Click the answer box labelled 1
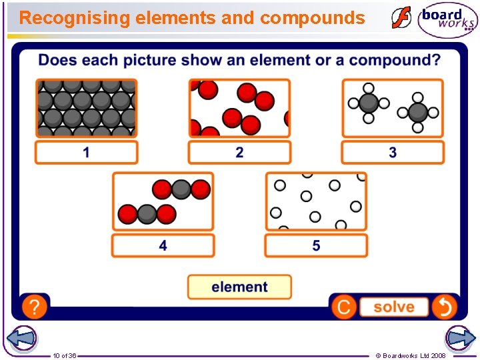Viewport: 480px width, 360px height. click(x=86, y=153)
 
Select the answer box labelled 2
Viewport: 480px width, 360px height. click(x=239, y=153)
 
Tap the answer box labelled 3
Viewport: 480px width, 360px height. click(x=393, y=153)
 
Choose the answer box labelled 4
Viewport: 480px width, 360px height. click(x=163, y=246)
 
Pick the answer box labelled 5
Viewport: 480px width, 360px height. click(x=316, y=246)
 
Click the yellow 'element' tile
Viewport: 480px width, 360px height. click(x=239, y=287)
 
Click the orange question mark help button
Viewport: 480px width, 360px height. click(x=34, y=307)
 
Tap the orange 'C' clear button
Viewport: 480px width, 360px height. click(x=344, y=307)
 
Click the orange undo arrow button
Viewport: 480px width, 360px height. click(x=444, y=307)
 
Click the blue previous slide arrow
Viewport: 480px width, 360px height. click(x=22, y=338)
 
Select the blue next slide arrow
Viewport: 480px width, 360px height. click(x=460, y=338)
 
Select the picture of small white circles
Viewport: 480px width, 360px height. click(x=316, y=201)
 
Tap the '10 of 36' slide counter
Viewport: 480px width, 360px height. click(x=65, y=355)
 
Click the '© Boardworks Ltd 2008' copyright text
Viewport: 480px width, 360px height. click(x=411, y=355)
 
